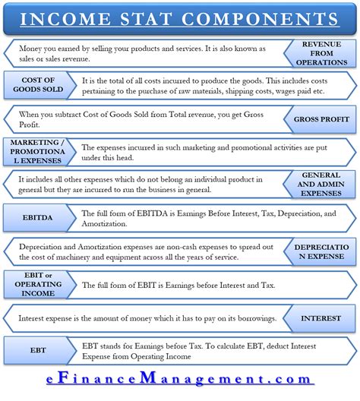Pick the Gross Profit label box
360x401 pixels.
[321, 119]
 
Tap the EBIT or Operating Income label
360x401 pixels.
[35, 285]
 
